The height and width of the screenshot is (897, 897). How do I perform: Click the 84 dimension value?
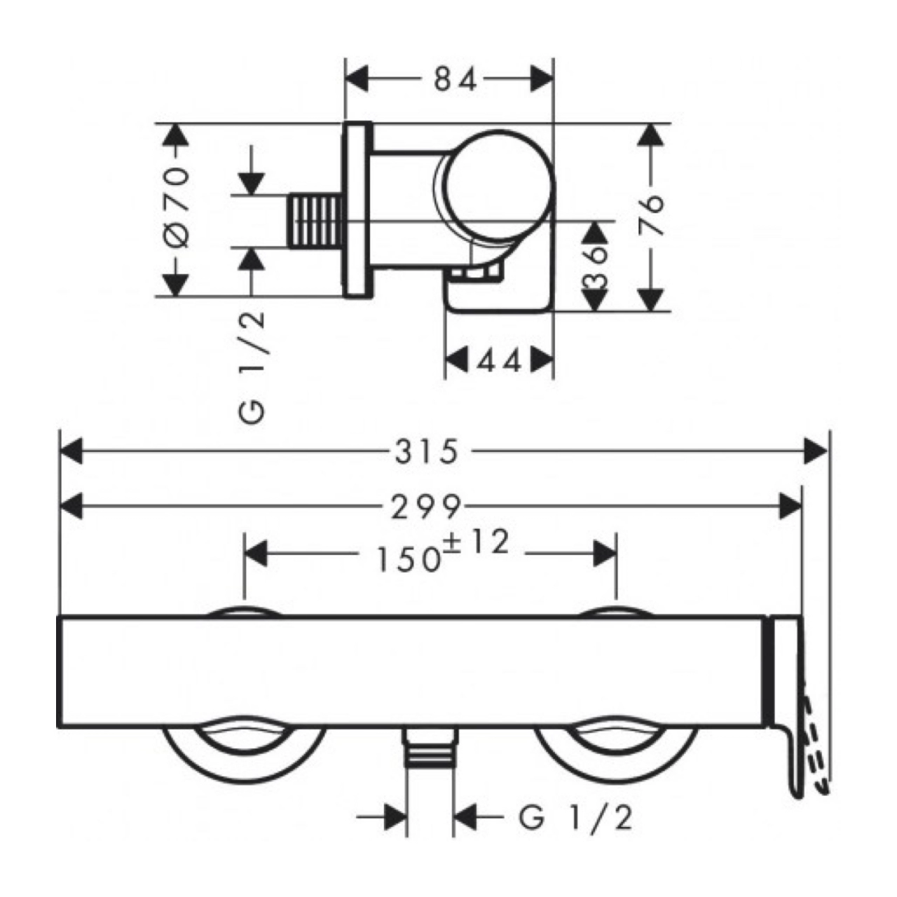pos(454,79)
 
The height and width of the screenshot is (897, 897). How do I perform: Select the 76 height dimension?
pos(651,215)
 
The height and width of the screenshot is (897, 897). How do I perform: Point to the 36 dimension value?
pos(595,266)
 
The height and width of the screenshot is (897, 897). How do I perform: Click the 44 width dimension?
pos(500,362)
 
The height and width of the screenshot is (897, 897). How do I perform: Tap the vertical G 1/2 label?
pos(254,367)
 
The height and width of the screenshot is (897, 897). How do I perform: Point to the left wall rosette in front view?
pos(244,757)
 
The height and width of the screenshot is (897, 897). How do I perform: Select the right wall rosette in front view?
pos(617,757)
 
